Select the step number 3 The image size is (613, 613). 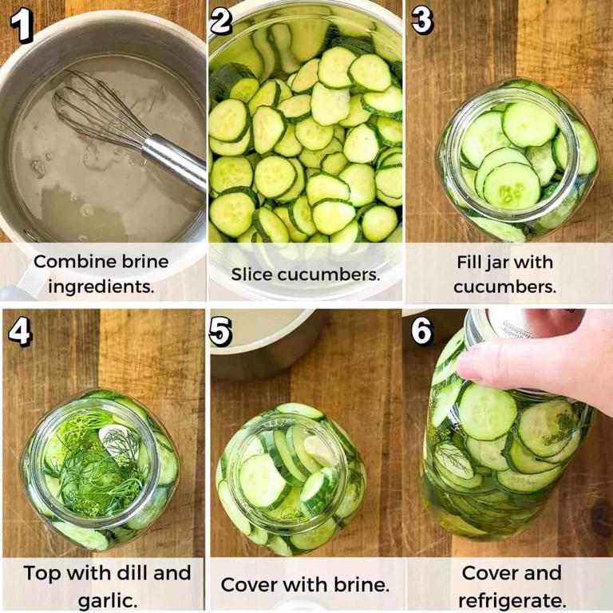(423, 21)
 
